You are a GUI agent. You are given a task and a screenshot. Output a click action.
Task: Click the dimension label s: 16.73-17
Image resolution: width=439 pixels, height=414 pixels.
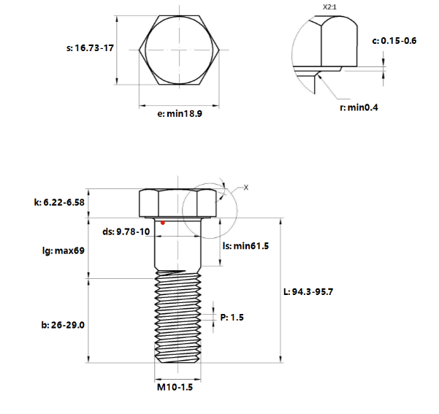click(x=90, y=48)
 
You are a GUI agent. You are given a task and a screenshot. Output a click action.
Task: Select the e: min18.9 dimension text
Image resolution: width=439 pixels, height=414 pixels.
click(x=180, y=114)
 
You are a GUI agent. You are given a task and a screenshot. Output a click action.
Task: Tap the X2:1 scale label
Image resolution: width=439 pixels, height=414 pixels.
click(x=329, y=7)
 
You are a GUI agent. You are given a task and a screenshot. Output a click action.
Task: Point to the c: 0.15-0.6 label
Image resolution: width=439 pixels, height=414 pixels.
click(x=394, y=41)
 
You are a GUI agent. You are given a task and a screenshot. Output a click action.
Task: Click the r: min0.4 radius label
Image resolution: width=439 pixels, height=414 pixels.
click(x=359, y=107)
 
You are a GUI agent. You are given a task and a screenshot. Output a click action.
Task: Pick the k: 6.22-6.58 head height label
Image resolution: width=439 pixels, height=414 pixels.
click(x=59, y=202)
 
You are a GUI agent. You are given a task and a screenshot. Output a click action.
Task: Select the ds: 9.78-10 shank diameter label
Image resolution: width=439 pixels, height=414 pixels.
click(x=126, y=231)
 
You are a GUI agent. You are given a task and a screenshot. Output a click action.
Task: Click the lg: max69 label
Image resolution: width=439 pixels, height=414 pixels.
click(x=64, y=250)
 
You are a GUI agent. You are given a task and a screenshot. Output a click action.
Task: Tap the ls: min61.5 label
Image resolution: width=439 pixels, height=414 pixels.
click(x=245, y=246)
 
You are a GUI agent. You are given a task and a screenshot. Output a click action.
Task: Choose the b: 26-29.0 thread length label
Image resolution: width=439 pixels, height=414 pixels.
click(x=63, y=325)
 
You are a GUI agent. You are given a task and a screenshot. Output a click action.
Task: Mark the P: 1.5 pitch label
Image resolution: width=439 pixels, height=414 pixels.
click(x=232, y=318)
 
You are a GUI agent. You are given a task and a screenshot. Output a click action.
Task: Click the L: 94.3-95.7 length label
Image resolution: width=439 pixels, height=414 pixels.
click(x=308, y=292)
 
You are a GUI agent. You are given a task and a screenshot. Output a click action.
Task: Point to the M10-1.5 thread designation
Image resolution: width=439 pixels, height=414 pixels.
click(x=175, y=387)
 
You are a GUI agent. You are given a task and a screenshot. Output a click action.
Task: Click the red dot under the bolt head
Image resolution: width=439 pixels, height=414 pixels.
click(x=163, y=223)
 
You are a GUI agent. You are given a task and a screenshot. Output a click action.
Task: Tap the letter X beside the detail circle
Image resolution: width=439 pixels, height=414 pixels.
click(x=246, y=188)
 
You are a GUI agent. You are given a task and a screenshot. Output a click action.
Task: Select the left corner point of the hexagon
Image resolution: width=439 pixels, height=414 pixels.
click(x=139, y=50)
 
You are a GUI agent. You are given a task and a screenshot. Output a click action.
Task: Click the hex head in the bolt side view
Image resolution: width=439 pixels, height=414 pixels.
click(x=177, y=204)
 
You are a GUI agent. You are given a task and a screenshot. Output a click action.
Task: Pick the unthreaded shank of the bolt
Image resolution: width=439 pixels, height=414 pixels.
click(x=177, y=245)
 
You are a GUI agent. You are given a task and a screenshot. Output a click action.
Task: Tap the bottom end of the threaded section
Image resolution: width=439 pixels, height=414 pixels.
click(x=177, y=362)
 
